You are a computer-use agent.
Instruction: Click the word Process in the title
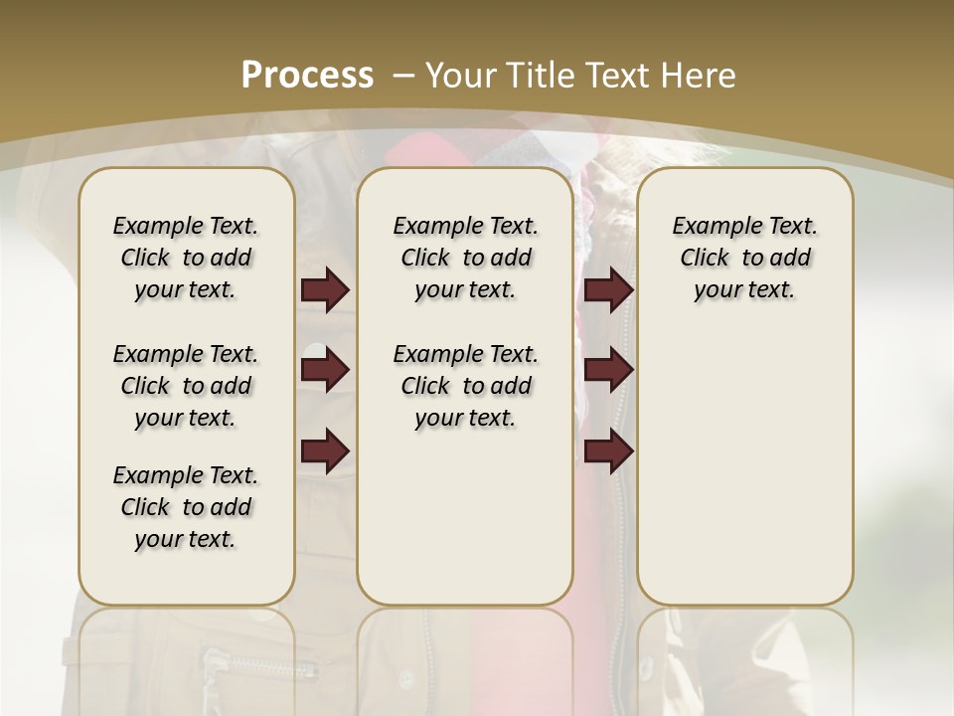pyautogui.click(x=307, y=76)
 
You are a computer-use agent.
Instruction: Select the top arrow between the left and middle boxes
pyautogui.click(x=325, y=290)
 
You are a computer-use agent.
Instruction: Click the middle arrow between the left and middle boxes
pyautogui.click(x=325, y=371)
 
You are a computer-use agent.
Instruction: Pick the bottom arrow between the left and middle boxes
pyautogui.click(x=325, y=450)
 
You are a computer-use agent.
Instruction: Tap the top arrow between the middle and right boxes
pyautogui.click(x=608, y=290)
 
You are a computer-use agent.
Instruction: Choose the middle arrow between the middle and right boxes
pyautogui.click(x=608, y=371)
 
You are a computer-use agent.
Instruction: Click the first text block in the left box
pyautogui.click(x=186, y=258)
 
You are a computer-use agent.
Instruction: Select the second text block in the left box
pyautogui.click(x=186, y=386)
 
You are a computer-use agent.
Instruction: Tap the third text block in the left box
pyautogui.click(x=186, y=507)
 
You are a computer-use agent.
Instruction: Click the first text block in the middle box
pyautogui.click(x=465, y=258)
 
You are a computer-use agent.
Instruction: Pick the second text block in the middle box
pyautogui.click(x=465, y=386)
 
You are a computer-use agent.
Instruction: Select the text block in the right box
pyautogui.click(x=745, y=258)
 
